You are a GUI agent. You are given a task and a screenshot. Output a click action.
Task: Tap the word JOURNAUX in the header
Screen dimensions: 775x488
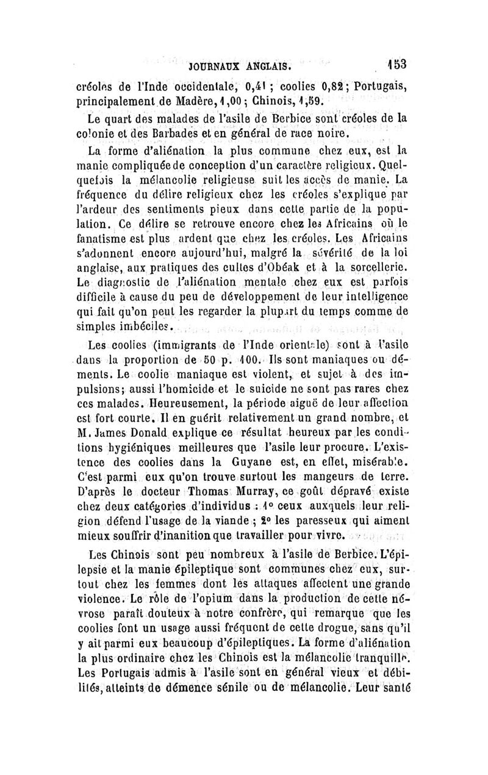(x=217, y=66)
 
